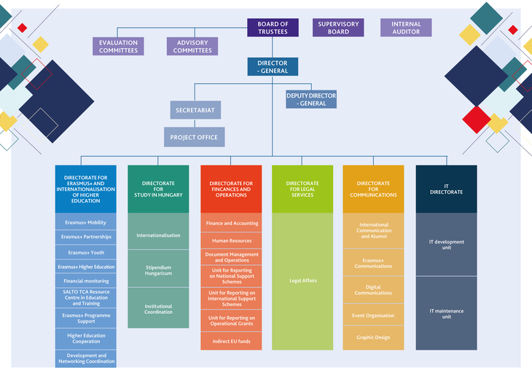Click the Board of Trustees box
tap(273, 28)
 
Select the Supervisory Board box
tap(338, 28)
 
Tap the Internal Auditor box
tap(406, 28)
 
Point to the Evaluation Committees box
tap(118, 46)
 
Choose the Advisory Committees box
tap(192, 46)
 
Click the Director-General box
tap(273, 66)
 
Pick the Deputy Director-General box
tap(311, 99)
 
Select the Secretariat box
tap(195, 110)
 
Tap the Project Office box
tap(195, 137)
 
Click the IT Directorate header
tap(447, 189)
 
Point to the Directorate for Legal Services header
tap(302, 189)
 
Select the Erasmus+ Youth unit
tap(86, 252)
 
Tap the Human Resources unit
tap(231, 240)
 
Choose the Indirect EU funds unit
tap(231, 341)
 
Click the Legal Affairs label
tap(303, 281)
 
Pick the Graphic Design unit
tap(373, 337)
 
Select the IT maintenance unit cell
tap(447, 313)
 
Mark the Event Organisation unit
tap(373, 315)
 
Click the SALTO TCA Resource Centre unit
tap(86, 298)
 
